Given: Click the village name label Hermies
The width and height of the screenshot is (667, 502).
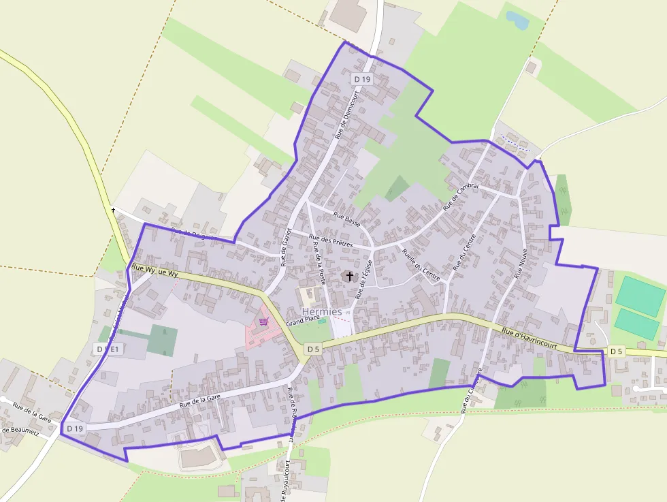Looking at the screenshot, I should pos(322,311).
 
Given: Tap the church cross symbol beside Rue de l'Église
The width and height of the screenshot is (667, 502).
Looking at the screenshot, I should pos(350,276).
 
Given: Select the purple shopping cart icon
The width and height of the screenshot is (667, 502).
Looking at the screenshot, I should pos(263,321).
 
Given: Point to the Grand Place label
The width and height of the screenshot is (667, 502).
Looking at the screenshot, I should pos(302,319).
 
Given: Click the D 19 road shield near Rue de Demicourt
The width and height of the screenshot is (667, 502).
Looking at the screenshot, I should pos(362,80).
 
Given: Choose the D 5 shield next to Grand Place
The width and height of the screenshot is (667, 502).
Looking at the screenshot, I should pos(312,349).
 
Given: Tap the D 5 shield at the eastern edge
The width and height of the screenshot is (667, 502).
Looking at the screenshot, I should pos(616,351).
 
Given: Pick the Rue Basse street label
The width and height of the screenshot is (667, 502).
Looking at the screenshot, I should pos(346,217).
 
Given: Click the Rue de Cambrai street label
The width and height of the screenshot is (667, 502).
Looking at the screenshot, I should pos(461,196).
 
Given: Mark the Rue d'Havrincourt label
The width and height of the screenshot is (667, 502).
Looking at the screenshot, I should pos(530,337).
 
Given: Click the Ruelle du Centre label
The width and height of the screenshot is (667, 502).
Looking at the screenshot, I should pos(421,265).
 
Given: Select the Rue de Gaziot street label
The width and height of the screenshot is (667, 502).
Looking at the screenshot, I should pos(286,247).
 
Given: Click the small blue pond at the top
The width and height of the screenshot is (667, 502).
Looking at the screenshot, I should pos(518,20).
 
